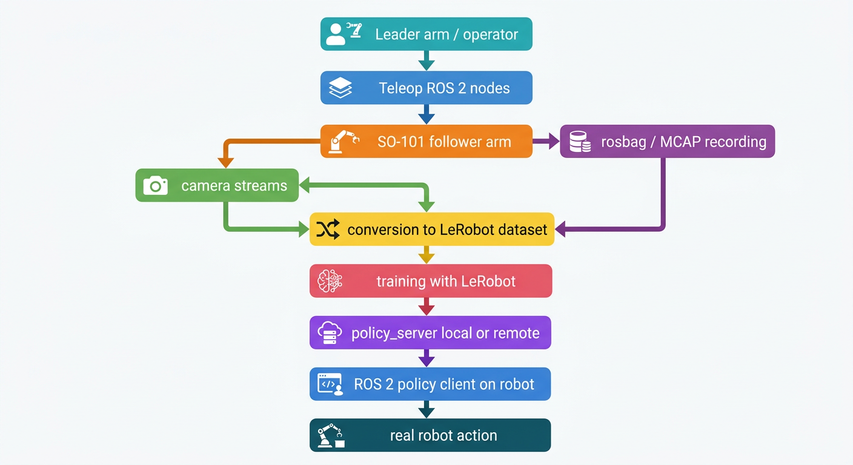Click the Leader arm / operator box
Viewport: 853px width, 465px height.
coord(426,34)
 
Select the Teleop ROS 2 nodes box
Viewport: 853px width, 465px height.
coord(426,88)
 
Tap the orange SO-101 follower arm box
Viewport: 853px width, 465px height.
coord(426,142)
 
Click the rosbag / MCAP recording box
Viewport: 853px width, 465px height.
coord(667,142)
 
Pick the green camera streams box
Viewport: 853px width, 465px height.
coord(217,185)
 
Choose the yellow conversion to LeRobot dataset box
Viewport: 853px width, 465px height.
coord(431,229)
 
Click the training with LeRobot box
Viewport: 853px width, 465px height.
coord(431,281)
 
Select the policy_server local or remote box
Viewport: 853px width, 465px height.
coord(430,332)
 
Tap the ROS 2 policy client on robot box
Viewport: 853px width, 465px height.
coord(430,384)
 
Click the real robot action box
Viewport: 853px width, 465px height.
coord(430,435)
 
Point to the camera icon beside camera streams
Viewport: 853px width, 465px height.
coord(155,185)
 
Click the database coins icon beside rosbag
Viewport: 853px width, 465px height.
coord(580,142)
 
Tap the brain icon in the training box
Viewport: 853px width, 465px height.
coord(330,281)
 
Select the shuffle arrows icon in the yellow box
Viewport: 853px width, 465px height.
coord(328,229)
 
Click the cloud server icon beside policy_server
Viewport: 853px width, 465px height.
coord(330,333)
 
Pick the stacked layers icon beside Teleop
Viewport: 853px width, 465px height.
coord(340,88)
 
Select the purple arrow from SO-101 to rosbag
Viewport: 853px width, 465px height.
coord(546,142)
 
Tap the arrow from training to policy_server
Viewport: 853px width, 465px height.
coord(426,306)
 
